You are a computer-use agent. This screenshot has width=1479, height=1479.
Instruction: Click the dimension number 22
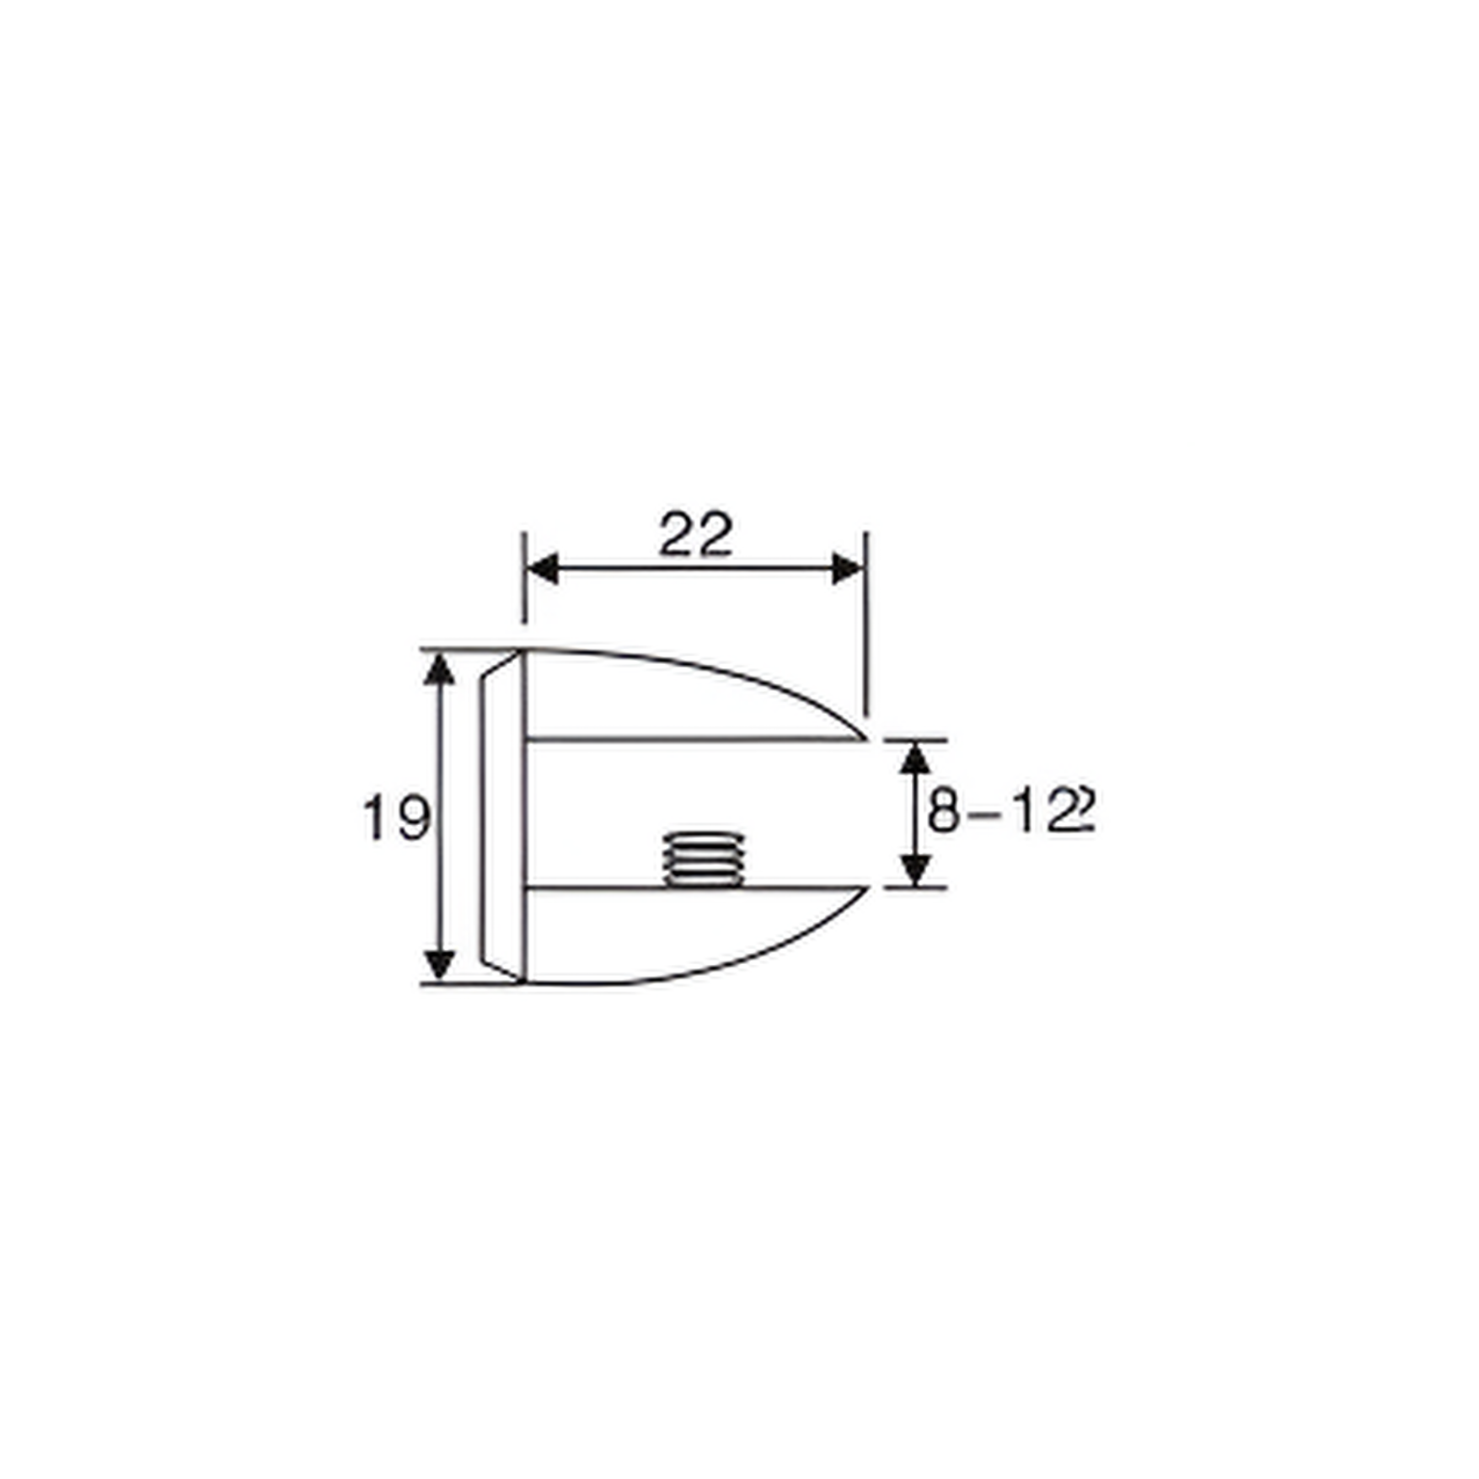(695, 535)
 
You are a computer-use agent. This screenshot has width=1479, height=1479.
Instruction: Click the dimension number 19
(396, 817)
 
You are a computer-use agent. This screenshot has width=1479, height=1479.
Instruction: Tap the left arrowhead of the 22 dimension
(542, 569)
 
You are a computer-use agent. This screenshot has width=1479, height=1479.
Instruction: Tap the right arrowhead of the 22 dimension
(848, 569)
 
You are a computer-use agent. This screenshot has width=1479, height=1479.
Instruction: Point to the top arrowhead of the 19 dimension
(439, 669)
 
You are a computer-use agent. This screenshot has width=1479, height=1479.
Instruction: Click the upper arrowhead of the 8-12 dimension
(915, 758)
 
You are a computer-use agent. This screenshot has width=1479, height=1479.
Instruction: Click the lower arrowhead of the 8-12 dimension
(915, 869)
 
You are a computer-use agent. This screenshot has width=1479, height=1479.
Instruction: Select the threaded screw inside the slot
(705, 860)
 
